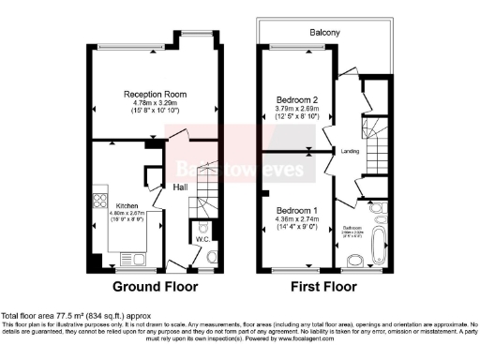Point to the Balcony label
[x=326, y=32]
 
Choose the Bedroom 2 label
[x=296, y=99]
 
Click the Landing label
[x=349, y=149]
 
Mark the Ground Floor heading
[x=152, y=287]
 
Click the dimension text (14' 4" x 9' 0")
[x=297, y=225]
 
